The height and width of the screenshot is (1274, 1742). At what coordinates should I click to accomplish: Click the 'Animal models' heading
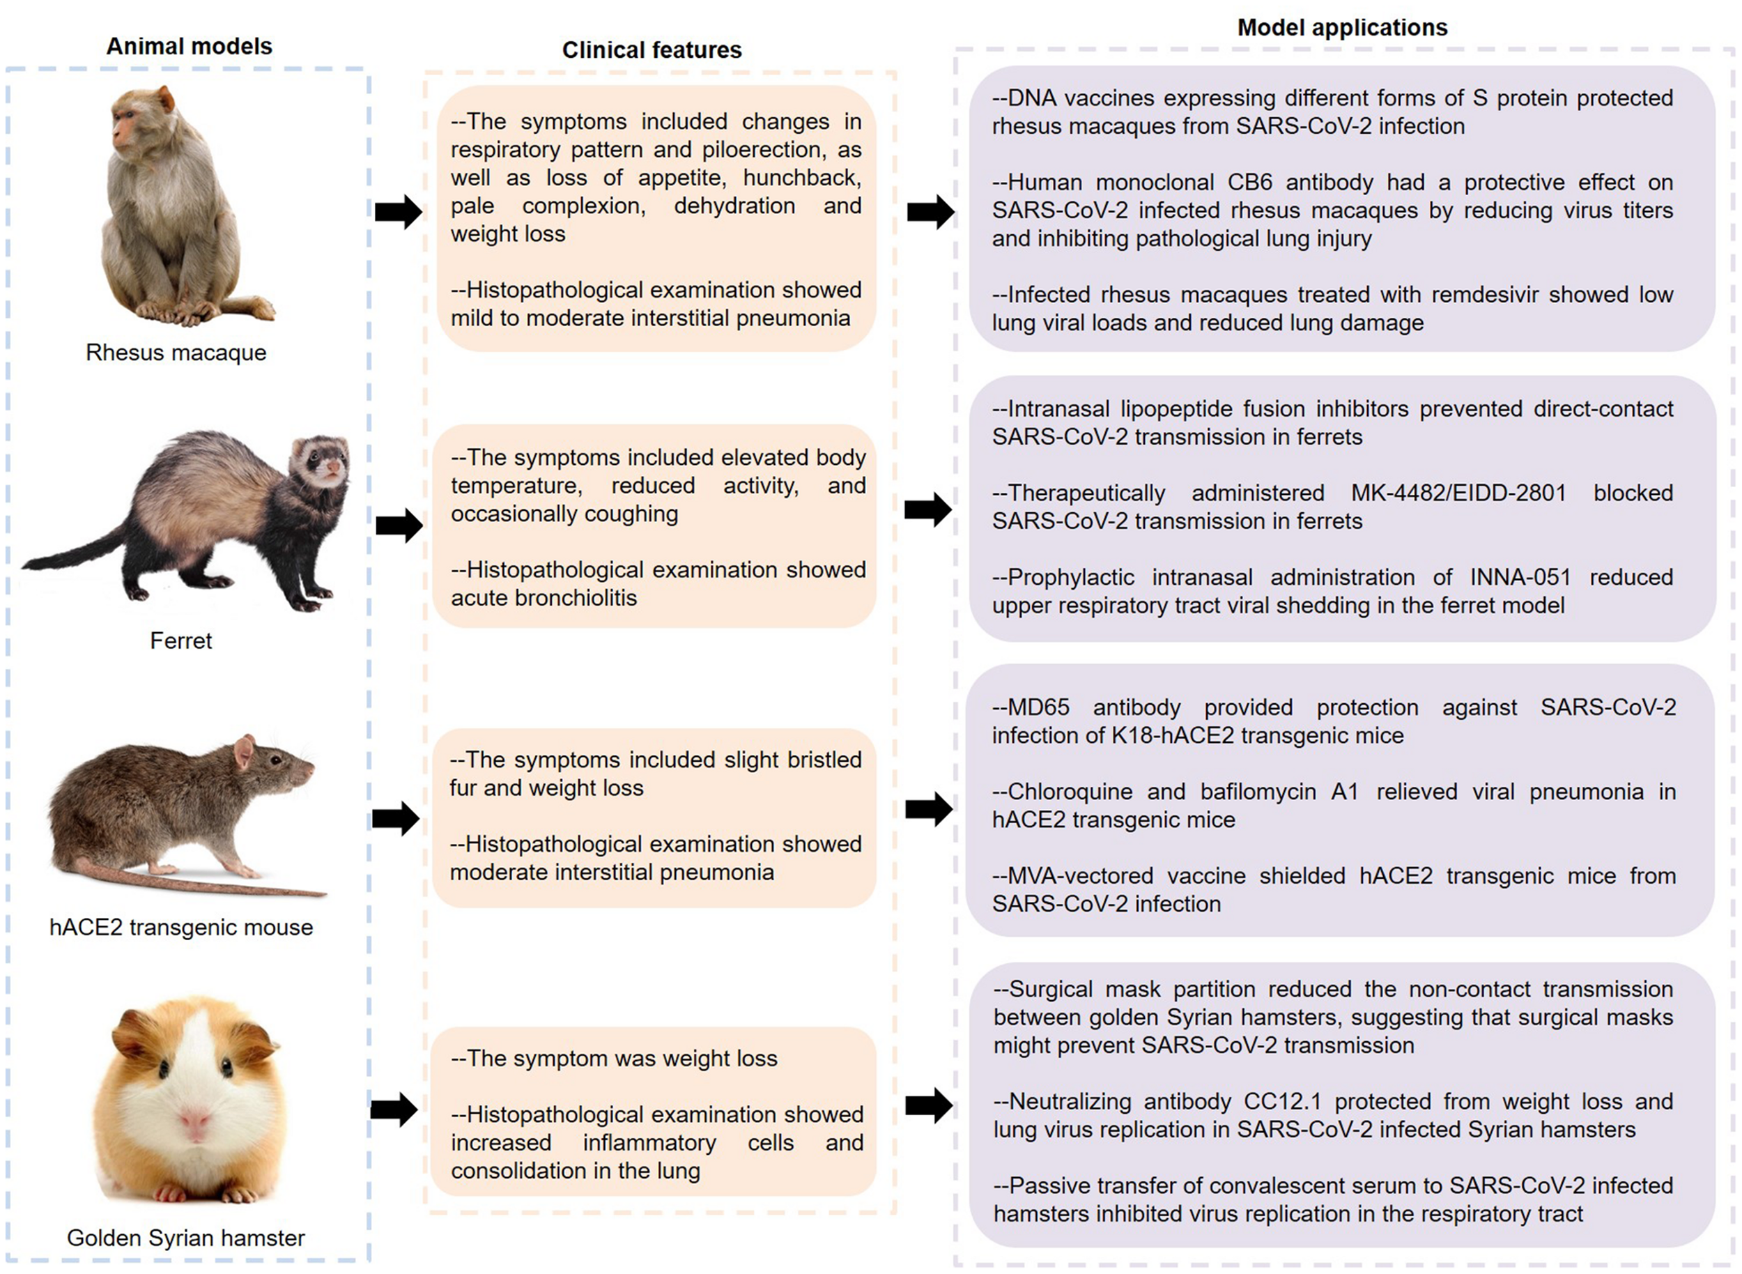[189, 46]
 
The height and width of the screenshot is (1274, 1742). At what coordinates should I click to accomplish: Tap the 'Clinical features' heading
[652, 50]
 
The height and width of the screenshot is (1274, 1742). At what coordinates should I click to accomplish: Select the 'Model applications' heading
[1342, 28]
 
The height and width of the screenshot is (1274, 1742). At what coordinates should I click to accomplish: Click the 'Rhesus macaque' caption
[176, 353]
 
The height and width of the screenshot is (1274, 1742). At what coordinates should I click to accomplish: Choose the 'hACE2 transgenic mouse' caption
[181, 927]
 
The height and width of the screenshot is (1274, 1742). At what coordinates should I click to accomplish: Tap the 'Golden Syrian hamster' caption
[186, 1238]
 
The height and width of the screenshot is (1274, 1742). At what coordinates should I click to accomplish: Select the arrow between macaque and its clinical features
[399, 211]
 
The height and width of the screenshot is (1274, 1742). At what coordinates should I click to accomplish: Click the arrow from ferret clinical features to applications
[928, 509]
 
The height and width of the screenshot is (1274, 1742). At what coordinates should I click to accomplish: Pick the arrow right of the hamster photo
[394, 1110]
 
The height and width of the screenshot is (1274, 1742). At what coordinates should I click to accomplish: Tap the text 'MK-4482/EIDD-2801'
[1458, 493]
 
